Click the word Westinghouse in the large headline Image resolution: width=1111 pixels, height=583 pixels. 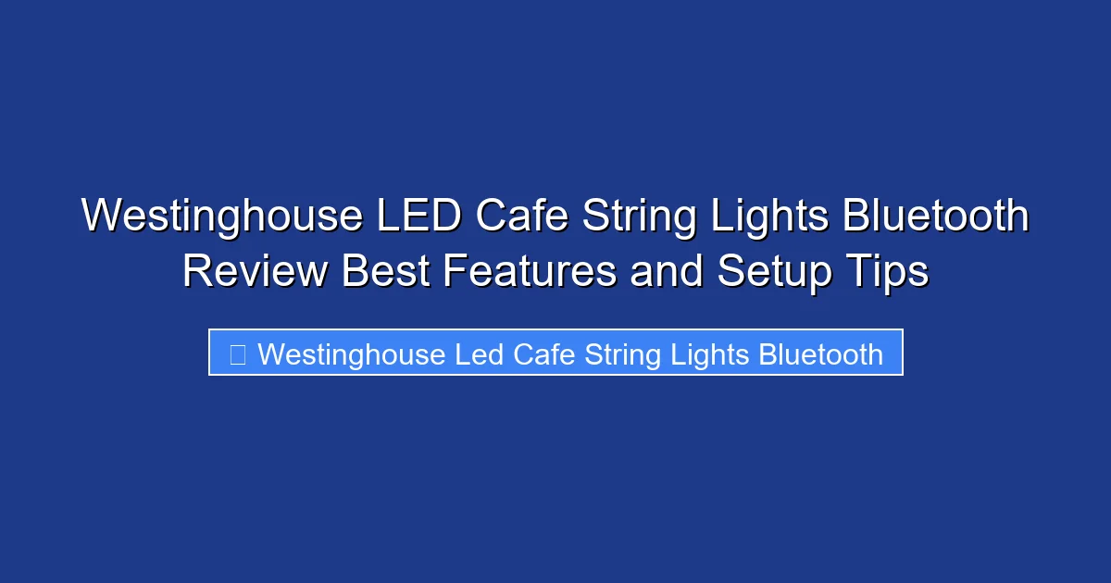point(222,217)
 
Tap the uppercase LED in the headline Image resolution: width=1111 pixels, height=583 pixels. point(418,217)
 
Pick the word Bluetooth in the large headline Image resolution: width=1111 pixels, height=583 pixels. point(936,217)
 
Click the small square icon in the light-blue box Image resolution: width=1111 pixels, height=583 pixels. point(238,354)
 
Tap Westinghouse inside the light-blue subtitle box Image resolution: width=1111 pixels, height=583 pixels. point(352,354)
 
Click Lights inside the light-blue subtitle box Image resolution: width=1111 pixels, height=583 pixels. point(705,354)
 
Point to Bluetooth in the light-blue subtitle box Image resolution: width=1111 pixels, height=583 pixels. point(820,354)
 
